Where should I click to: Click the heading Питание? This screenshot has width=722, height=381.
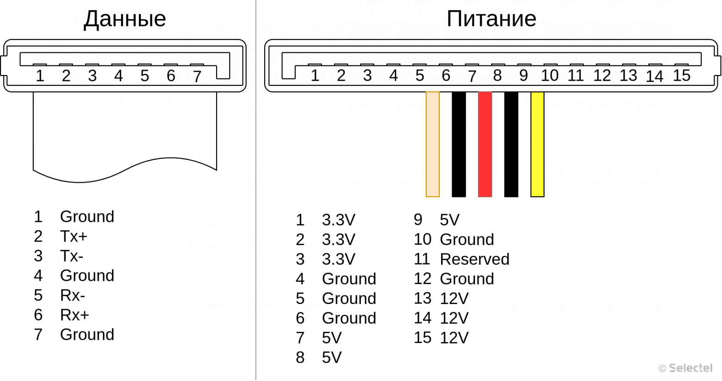tap(491, 19)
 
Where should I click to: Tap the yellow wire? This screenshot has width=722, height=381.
tap(537, 144)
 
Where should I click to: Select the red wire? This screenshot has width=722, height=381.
tap(485, 144)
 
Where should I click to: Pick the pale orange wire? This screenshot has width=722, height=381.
tap(433, 144)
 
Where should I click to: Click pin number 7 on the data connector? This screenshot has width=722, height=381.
tap(197, 76)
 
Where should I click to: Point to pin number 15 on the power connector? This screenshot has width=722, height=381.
tap(682, 76)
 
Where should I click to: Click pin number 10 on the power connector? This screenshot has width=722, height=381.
tap(549, 76)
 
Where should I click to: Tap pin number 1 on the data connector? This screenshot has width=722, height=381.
tap(40, 76)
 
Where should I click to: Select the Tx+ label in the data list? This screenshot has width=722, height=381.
tap(74, 236)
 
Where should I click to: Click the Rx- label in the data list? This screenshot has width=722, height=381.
tap(73, 295)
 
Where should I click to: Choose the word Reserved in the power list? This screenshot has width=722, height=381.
tap(474, 259)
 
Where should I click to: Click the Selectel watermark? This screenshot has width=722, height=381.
tap(686, 368)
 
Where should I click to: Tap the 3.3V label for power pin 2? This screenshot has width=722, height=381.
tap(338, 240)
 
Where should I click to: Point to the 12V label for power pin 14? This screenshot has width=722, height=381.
tap(454, 318)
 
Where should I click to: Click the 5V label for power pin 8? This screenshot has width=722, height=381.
tap(332, 357)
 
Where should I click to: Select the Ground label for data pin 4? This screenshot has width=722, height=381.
tap(87, 276)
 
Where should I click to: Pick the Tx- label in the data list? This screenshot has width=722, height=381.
tap(72, 256)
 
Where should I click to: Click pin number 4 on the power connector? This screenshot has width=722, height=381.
tap(393, 76)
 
